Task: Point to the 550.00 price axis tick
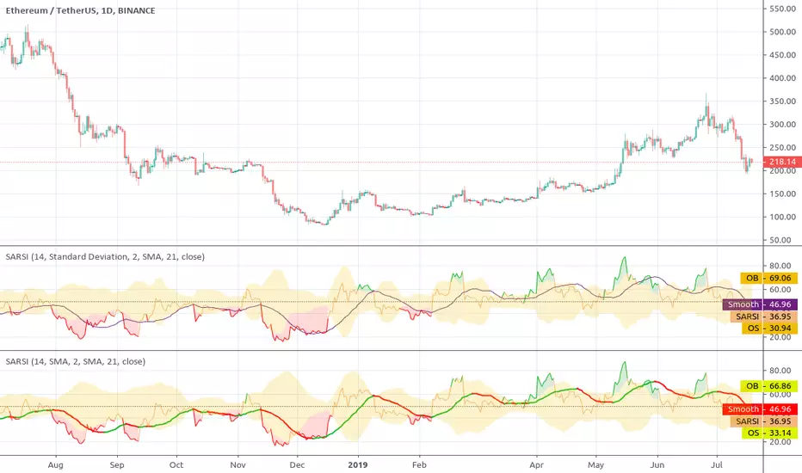tap(782, 9)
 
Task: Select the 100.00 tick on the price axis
tap(782, 217)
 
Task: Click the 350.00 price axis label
tap(782, 101)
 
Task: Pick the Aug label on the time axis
tap(58, 463)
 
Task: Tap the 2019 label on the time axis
tap(357, 463)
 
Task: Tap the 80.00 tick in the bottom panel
tap(782, 371)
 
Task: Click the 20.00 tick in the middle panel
tap(782, 337)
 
